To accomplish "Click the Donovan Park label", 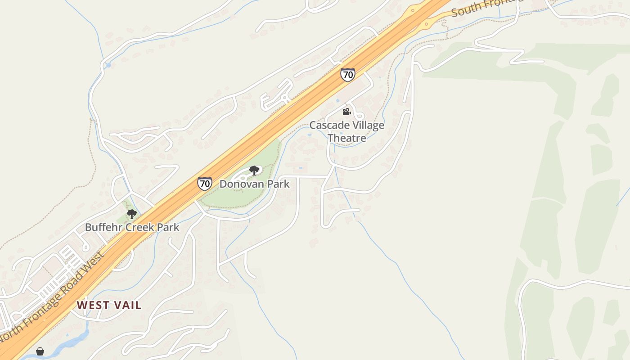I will [x=254, y=184].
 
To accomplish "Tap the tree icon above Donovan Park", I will [x=254, y=171].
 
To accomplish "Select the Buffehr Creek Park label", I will [x=132, y=227].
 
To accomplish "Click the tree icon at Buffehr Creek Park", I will [x=131, y=214].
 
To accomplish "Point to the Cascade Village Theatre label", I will [x=346, y=131].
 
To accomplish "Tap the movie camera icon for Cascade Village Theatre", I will [x=346, y=112].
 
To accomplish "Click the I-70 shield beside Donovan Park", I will [x=205, y=183].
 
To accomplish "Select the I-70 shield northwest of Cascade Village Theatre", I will [x=347, y=75].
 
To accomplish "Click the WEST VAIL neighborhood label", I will [x=109, y=305].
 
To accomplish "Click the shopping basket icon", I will [x=40, y=351].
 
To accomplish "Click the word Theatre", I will [x=346, y=138].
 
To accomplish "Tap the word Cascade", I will [x=327, y=125].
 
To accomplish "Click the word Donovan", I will [x=238, y=184].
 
